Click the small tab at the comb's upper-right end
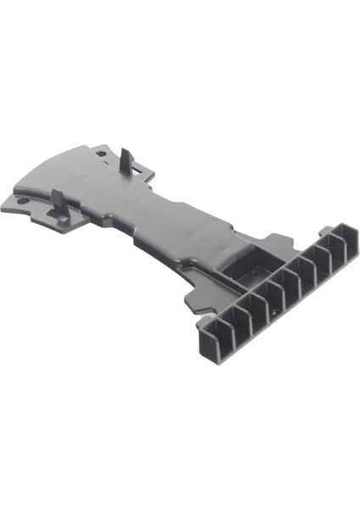coord(347,229)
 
